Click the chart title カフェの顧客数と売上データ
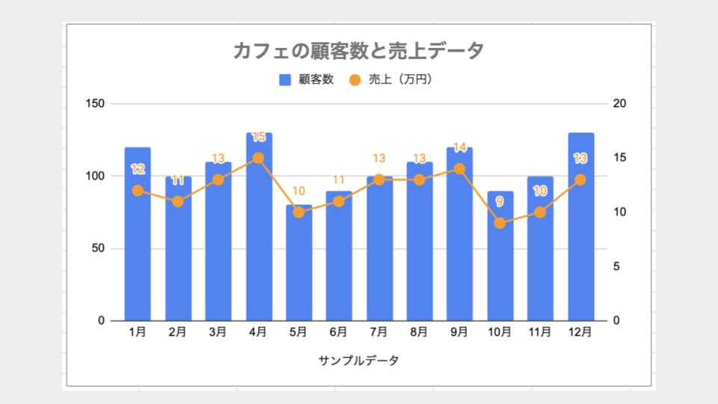[x=358, y=51]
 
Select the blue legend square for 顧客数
[x=285, y=79]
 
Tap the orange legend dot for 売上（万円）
[x=355, y=79]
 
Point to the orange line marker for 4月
[x=258, y=158]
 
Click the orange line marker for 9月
[x=459, y=169]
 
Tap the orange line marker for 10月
[x=500, y=223]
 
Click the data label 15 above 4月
[x=258, y=137]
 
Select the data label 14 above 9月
[x=459, y=147]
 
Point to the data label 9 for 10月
[x=500, y=201]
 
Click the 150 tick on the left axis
[x=96, y=103]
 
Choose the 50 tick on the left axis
[x=99, y=248]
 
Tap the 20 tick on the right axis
[x=619, y=103]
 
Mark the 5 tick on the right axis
[x=616, y=267]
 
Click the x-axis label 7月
[x=378, y=332]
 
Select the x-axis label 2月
[x=177, y=332]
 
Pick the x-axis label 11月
[x=540, y=332]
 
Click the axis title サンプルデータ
[x=358, y=361]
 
